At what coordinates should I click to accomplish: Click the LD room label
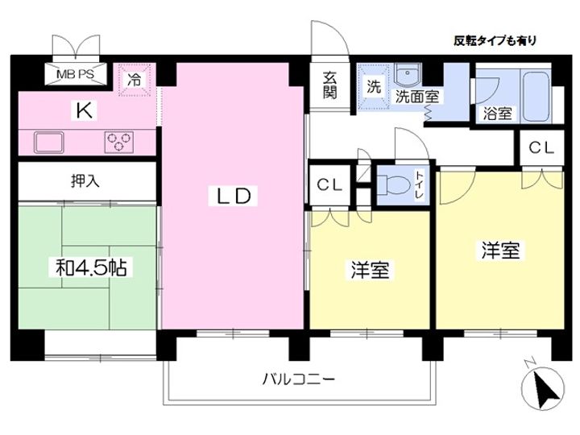click(233, 195)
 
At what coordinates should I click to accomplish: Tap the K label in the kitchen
click(84, 110)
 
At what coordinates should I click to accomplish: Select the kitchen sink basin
click(49, 142)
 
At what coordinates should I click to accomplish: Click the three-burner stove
click(118, 142)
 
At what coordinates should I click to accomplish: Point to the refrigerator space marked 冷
click(135, 80)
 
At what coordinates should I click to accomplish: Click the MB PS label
click(76, 74)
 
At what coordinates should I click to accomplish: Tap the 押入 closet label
click(85, 181)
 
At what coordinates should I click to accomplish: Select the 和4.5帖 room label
click(91, 267)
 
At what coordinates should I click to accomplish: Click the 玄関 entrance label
click(330, 85)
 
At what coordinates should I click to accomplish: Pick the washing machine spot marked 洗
click(374, 86)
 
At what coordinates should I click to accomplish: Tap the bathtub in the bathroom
click(536, 96)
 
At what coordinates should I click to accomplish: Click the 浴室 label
click(498, 114)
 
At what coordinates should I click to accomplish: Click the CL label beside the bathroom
click(541, 147)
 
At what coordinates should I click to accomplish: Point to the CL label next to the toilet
click(329, 184)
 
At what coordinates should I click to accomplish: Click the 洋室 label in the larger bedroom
click(500, 251)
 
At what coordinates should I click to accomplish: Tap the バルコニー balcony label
click(299, 379)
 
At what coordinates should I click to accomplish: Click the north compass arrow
click(545, 389)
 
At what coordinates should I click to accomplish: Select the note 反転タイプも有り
click(495, 40)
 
